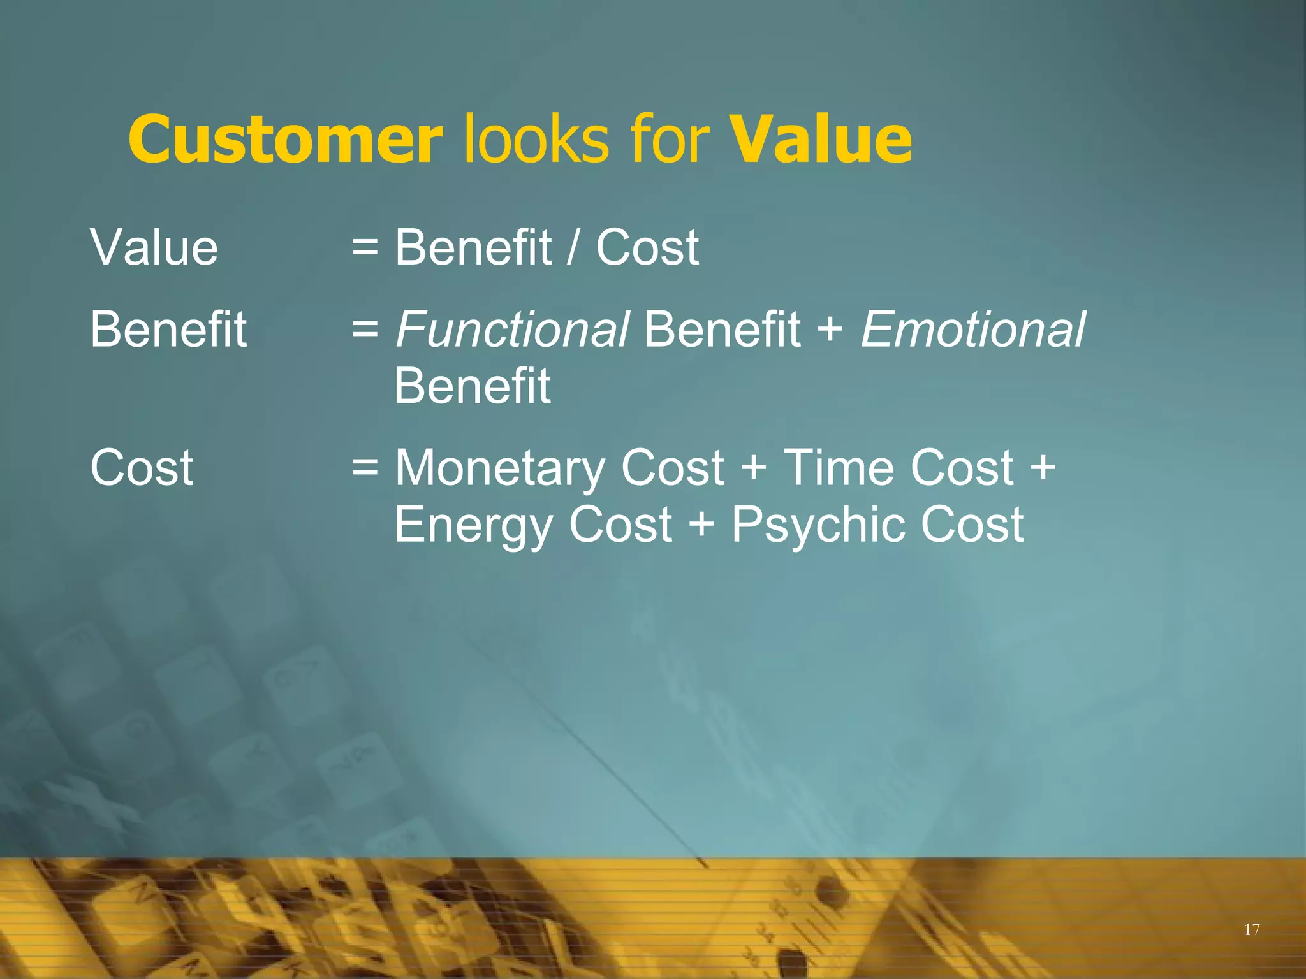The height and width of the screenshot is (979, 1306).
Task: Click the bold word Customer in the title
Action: [285, 139]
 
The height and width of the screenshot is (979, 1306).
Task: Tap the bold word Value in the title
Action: [821, 139]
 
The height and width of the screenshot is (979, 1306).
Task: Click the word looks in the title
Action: [536, 139]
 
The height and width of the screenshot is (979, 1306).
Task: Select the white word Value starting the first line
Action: [154, 247]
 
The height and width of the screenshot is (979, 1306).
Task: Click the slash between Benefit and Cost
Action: [572, 247]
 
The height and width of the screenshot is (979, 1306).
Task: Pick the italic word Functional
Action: [512, 330]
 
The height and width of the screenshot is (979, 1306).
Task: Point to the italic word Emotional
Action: [972, 330]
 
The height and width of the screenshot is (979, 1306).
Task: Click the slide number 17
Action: [1252, 929]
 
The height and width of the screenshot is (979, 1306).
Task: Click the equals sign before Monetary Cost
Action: [365, 469]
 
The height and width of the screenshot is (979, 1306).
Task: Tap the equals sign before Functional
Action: [365, 330]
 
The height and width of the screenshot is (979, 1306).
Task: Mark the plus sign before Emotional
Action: [830, 330]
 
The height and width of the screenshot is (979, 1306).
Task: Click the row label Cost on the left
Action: [142, 468]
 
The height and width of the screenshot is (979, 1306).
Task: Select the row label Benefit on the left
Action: [168, 330]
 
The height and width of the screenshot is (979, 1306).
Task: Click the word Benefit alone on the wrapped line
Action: [472, 386]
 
